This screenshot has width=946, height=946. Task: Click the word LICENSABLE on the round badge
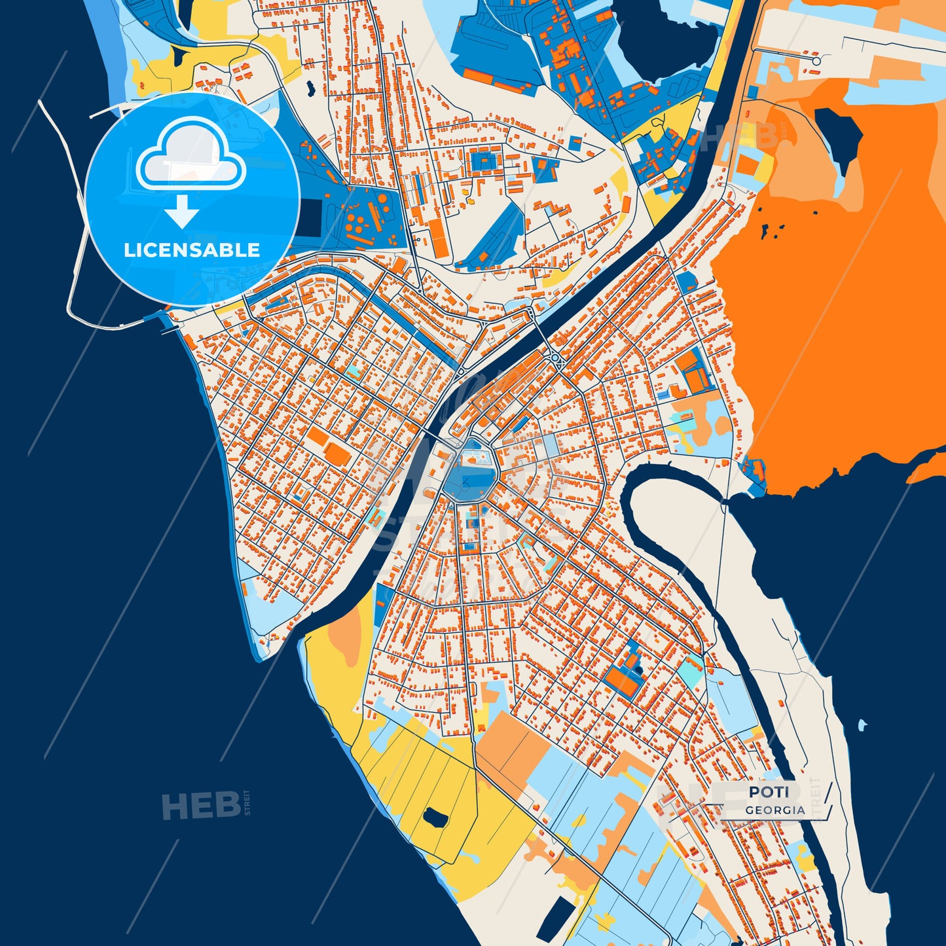pos(192,250)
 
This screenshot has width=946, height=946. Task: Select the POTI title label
pos(769,791)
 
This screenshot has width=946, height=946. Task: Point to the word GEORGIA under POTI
pos(775,810)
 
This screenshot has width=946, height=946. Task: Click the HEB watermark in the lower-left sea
pos(201,805)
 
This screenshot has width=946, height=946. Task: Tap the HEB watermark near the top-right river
pos(740,136)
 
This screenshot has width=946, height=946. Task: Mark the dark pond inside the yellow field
pos(433,816)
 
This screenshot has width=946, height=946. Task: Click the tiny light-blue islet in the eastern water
pos(862,725)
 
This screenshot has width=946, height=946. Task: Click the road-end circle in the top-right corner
pos(816,61)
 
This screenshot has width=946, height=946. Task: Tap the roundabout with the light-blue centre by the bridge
pos(556,357)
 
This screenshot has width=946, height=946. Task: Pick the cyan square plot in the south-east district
pos(689,670)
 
